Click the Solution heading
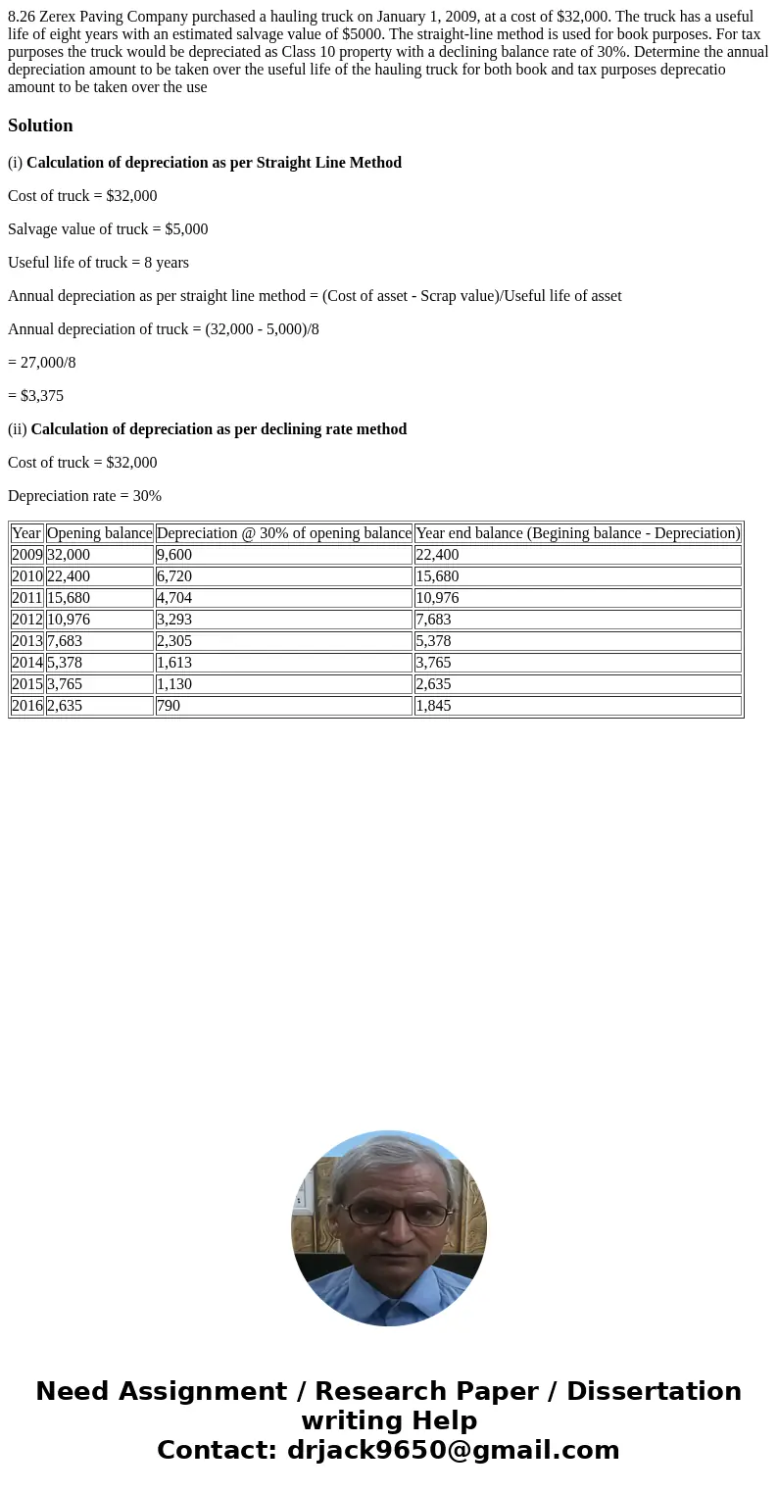pos(40,125)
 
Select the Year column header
pos(26,533)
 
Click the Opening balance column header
pos(99,533)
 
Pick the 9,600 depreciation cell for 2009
pos(174,555)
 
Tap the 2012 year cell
pos(26,620)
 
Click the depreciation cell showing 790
pos(169,706)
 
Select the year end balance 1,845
pos(433,706)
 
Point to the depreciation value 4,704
pos(174,598)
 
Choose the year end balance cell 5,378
pos(433,641)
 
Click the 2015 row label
pos(26,684)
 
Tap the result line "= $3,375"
pos(35,396)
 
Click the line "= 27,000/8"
pos(41,363)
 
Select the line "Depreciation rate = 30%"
pos(84,496)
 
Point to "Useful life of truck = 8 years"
pos(98,263)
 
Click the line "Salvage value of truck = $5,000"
pos(108,229)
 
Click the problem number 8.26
pos(22,17)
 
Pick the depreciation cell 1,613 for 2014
pos(174,663)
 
